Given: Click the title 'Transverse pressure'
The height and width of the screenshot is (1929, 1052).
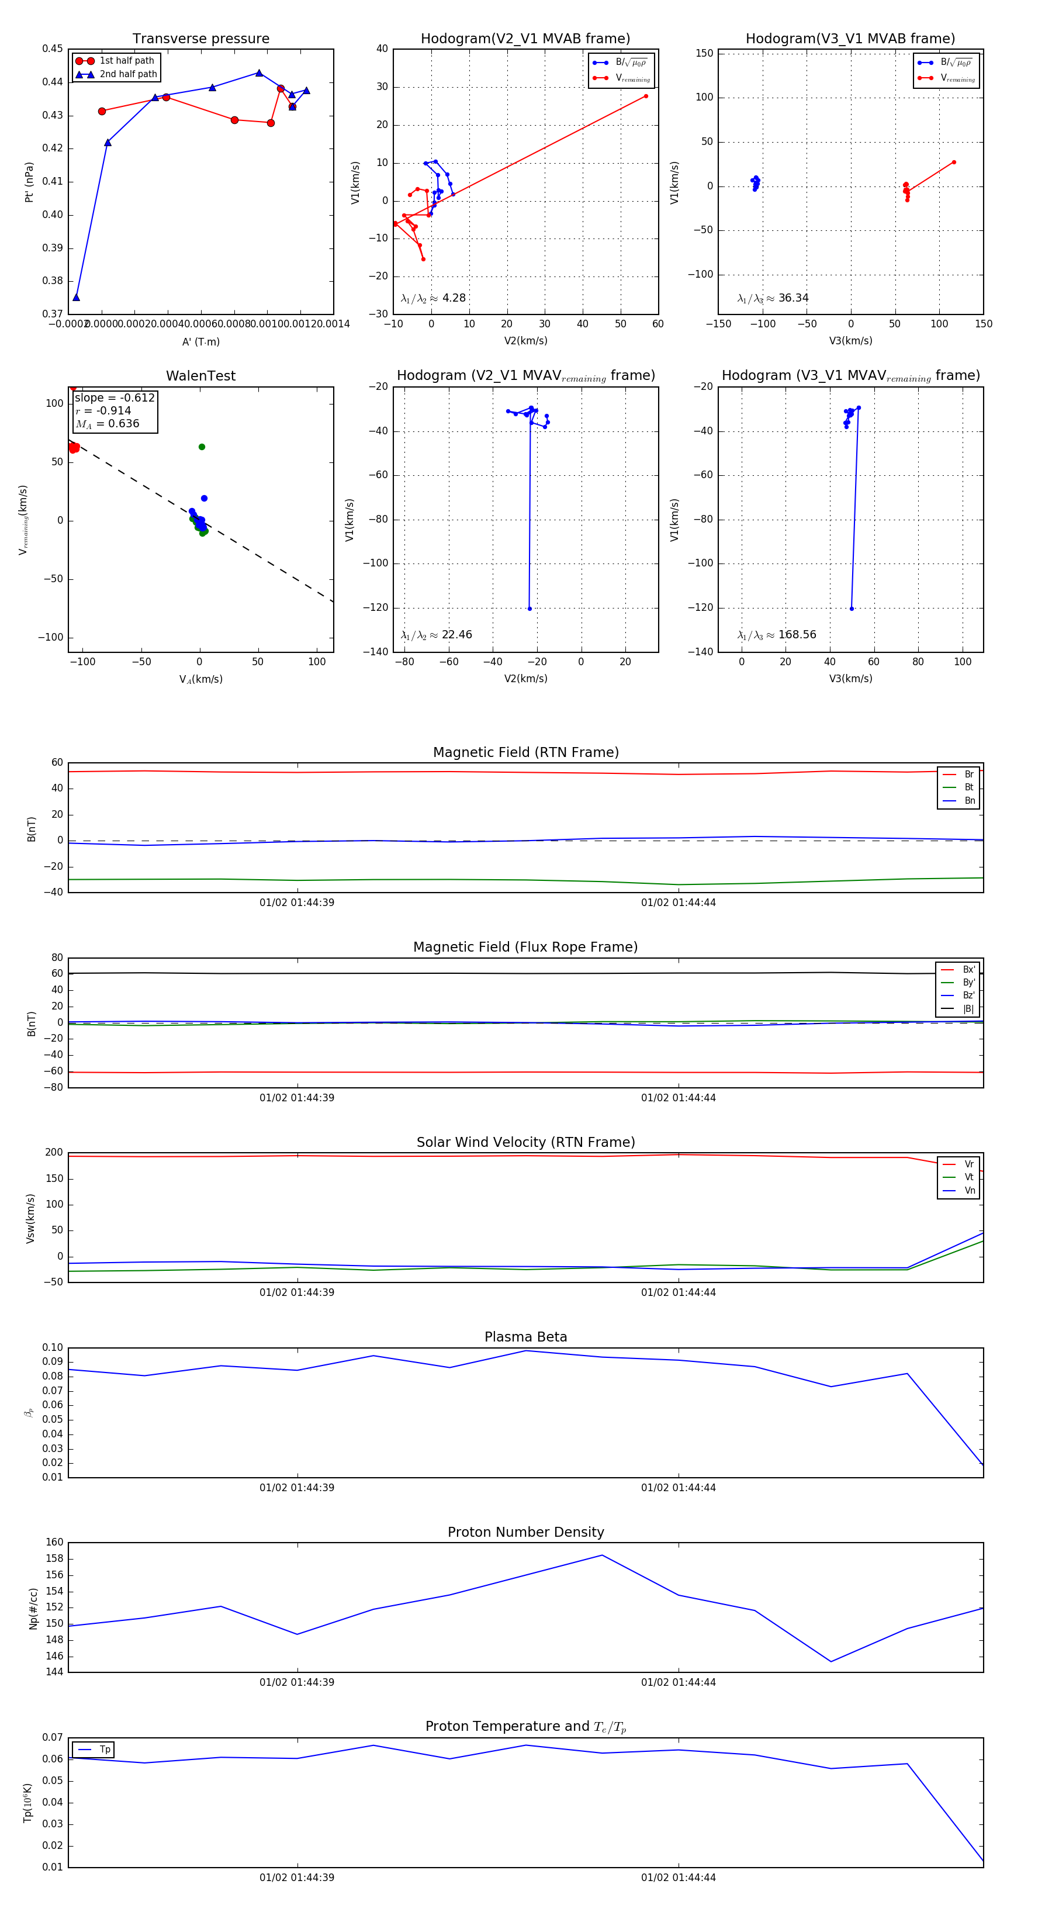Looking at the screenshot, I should (200, 39).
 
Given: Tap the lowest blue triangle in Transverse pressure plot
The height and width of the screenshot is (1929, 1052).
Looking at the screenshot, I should (77, 298).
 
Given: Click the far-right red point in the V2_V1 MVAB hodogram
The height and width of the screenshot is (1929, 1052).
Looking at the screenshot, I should (645, 96).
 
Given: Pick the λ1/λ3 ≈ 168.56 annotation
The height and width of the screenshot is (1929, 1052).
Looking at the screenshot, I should (777, 635).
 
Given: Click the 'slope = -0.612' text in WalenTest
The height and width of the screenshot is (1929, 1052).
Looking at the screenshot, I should (115, 397).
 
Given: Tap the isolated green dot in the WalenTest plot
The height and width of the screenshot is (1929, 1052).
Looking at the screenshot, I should (202, 447).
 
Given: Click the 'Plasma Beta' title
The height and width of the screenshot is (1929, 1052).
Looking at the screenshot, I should (525, 1337).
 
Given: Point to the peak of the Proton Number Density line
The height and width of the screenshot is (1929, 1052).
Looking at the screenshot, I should (602, 1555).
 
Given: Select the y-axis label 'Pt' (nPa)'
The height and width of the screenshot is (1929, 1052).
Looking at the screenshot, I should (29, 182).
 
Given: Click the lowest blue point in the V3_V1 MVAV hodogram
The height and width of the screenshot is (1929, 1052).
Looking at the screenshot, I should (852, 609).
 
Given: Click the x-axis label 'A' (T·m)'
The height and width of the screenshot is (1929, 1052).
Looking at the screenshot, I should (200, 341).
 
